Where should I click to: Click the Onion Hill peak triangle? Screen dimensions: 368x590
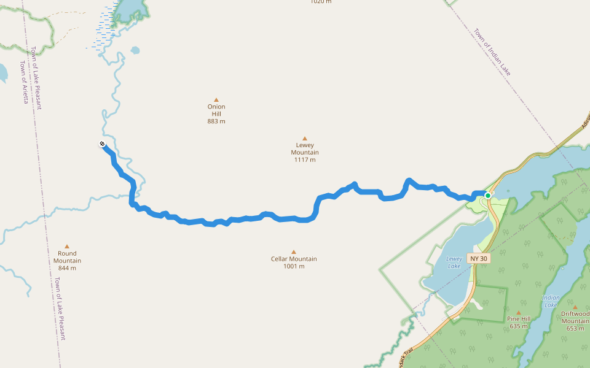coord(216,99)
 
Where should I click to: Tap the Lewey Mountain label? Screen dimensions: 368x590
coord(305,149)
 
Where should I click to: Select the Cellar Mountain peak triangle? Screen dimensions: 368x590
coord(294,251)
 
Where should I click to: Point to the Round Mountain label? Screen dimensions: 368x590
coord(67,257)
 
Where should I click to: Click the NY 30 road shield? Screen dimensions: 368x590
coord(479,258)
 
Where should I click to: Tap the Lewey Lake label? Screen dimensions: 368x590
coord(454,263)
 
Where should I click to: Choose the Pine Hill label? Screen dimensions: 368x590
coord(519,319)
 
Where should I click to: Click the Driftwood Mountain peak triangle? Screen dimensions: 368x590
coord(575,307)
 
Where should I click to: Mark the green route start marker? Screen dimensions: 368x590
coord(487,196)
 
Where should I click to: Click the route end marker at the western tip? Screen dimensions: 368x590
coord(102,144)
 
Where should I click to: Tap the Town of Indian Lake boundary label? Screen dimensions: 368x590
coord(492,52)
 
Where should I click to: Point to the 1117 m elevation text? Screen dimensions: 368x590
coord(305,160)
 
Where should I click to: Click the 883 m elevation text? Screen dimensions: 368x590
coord(216,121)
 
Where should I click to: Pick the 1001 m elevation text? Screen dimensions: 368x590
coord(294,266)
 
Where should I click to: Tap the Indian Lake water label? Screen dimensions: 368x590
coord(551,301)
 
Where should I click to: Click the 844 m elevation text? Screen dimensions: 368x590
coord(67,268)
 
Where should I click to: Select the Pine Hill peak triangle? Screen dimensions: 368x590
coord(519,312)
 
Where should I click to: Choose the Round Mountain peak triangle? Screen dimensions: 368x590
coord(67,246)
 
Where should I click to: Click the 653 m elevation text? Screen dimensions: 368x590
coord(575,328)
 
